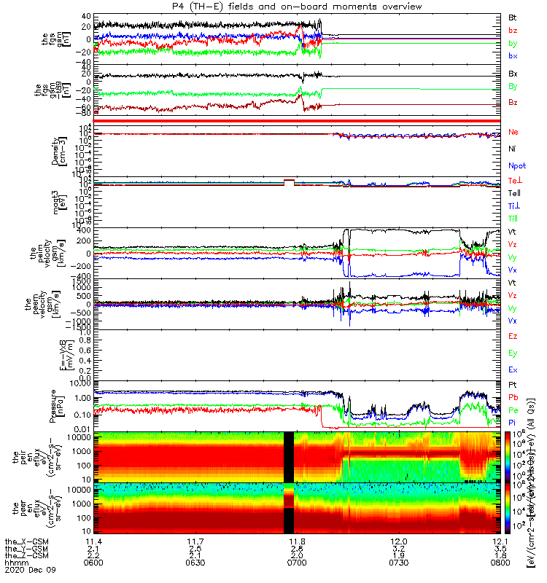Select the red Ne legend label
point(513,132)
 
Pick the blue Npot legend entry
point(516,165)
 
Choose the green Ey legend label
point(513,353)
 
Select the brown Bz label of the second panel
point(513,102)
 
